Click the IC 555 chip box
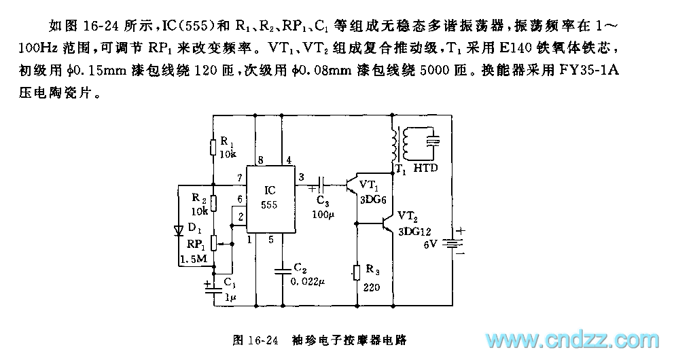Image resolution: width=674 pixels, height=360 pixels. click(270, 199)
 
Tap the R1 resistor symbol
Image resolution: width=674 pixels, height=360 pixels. click(213, 145)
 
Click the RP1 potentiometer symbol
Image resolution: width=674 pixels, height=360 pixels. click(213, 242)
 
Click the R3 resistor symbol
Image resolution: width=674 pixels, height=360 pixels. click(357, 271)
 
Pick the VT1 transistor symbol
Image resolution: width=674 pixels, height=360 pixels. click(352, 185)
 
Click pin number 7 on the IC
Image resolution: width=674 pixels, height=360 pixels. click(240, 179)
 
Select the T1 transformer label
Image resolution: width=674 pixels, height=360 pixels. click(397, 170)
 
